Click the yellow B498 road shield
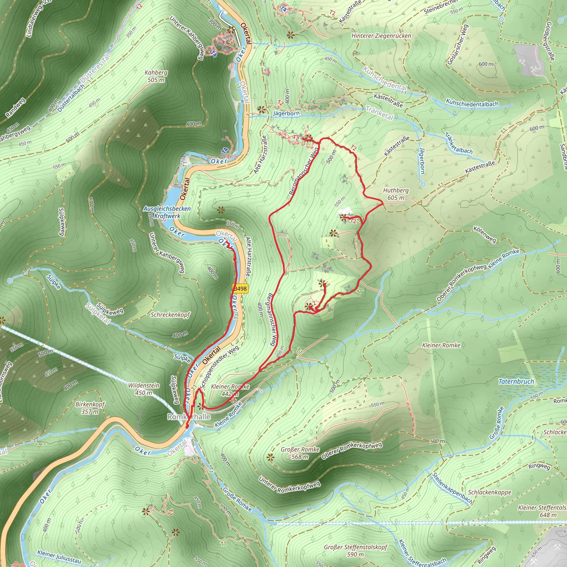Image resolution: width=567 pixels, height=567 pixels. point(241,288)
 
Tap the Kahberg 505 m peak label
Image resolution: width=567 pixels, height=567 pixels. point(156,76)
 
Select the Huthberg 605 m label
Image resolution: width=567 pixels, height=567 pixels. point(396,194)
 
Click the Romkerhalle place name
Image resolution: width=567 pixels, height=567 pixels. point(189,417)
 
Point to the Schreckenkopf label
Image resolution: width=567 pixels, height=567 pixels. point(170,315)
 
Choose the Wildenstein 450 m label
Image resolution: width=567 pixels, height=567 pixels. point(144,389)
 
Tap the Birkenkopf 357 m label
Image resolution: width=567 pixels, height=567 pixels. point(90,408)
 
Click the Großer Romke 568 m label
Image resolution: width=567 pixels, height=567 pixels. point(300,453)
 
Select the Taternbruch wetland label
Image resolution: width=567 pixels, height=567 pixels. point(516,382)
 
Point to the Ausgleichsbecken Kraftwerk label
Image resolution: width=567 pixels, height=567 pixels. point(167,212)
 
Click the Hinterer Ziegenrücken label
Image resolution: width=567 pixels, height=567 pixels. point(381,36)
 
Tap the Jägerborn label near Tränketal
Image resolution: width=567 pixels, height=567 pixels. point(286,113)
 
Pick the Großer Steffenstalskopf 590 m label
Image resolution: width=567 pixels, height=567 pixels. point(356,551)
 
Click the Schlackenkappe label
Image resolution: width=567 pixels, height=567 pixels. point(489,492)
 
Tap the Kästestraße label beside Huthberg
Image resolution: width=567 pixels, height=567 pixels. point(480,167)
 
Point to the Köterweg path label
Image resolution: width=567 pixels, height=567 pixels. point(484,234)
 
